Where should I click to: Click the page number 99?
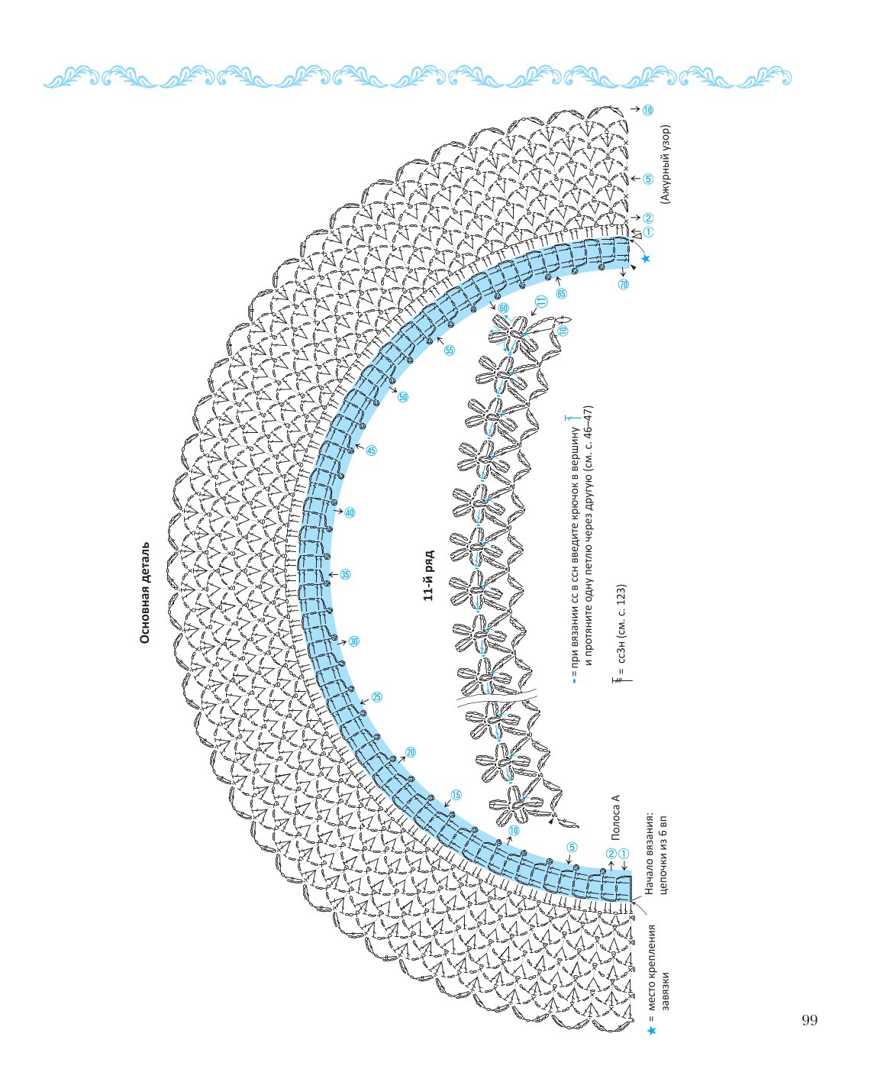click(810, 1019)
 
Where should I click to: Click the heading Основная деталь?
click(145, 593)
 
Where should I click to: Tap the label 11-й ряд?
click(429, 576)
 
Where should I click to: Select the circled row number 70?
click(624, 284)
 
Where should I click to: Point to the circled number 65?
click(561, 294)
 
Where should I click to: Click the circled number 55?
click(450, 350)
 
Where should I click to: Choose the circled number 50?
click(403, 397)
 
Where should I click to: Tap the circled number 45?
click(371, 451)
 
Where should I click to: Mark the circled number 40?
click(350, 512)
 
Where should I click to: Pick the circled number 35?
click(345, 574)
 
